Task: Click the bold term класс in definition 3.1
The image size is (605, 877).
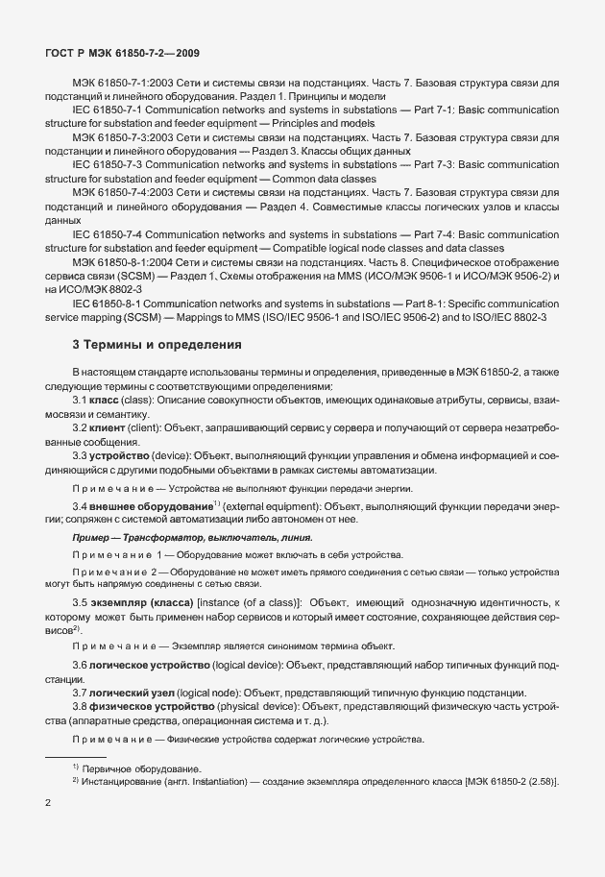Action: tap(104, 398)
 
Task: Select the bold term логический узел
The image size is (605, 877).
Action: tap(135, 692)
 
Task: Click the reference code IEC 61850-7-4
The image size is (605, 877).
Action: tap(110, 233)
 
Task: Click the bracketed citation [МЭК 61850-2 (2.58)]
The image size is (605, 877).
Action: tap(504, 782)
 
